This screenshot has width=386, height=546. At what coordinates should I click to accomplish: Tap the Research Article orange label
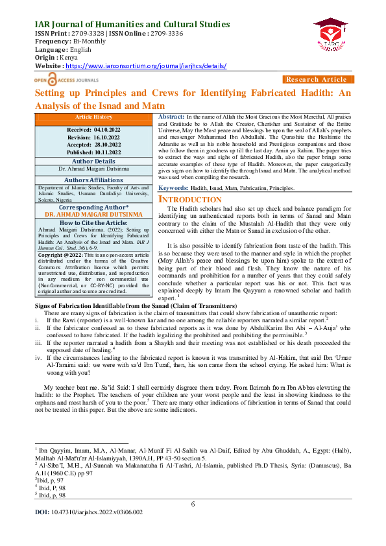pos(316,79)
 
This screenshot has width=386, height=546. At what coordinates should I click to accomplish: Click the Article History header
pos(93,117)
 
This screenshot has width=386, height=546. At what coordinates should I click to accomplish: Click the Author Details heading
pos(93,160)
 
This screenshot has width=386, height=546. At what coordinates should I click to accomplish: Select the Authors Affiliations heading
pos(93,180)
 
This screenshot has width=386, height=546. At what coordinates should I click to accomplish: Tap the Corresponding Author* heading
pos(93,208)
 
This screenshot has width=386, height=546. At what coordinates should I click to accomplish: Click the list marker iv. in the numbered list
pos(38,356)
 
